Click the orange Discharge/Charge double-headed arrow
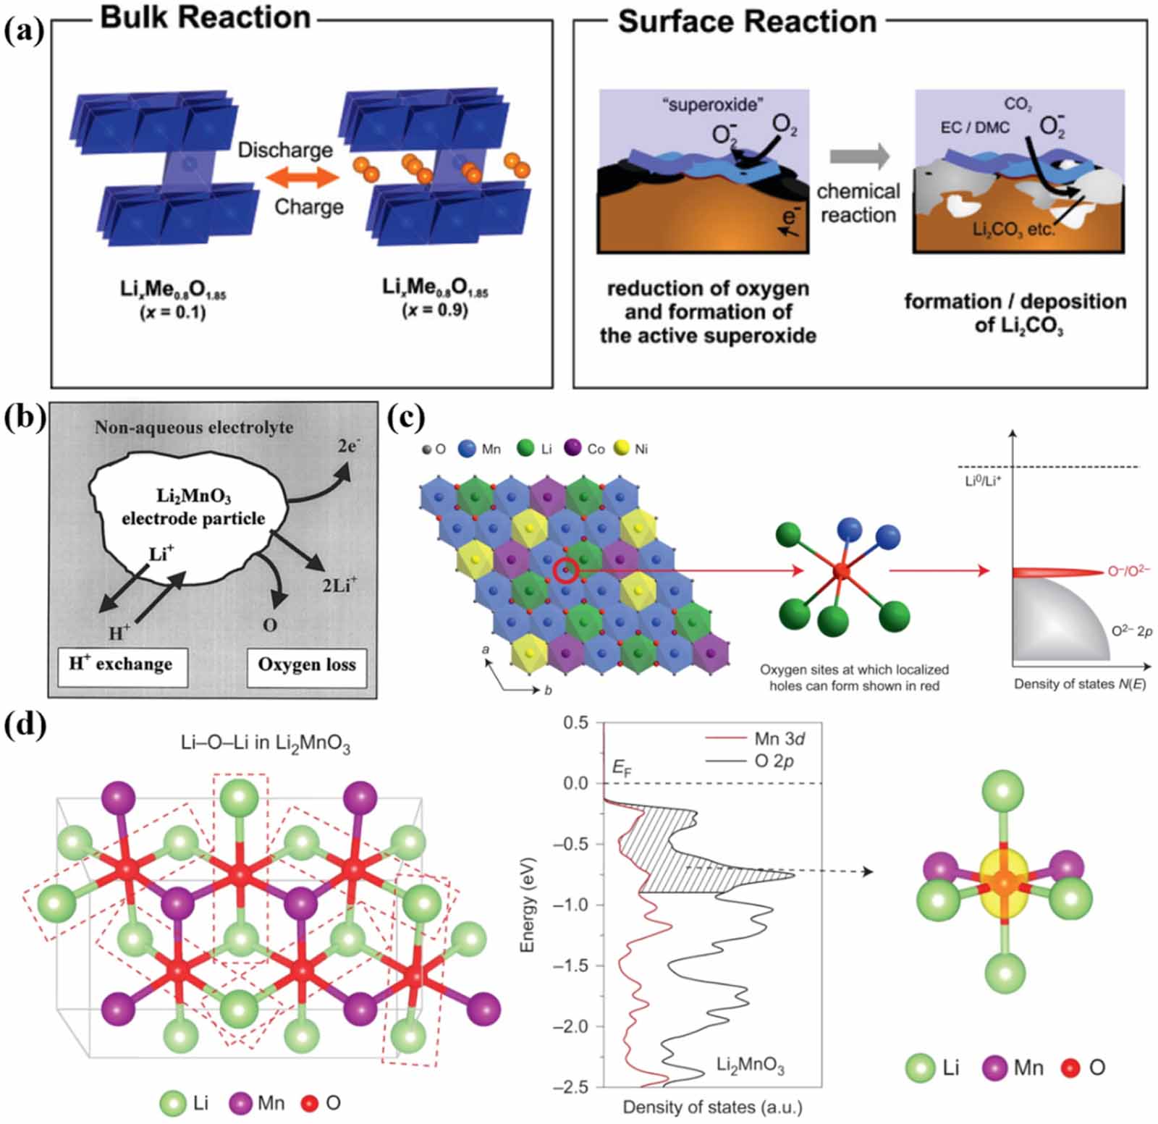point(302,177)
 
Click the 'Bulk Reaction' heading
point(206,17)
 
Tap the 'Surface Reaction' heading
point(747,22)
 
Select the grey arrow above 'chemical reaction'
point(859,156)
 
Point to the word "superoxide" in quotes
point(712,105)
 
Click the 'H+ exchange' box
point(122,664)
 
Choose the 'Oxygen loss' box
point(307,664)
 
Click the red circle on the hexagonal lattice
point(566,572)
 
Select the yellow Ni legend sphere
point(621,449)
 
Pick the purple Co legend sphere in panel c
point(573,449)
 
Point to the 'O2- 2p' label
point(1132,631)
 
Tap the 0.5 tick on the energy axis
point(576,722)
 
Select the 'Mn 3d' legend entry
point(779,738)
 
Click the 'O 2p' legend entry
point(774,761)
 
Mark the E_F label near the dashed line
point(622,768)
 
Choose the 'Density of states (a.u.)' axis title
point(712,1107)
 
